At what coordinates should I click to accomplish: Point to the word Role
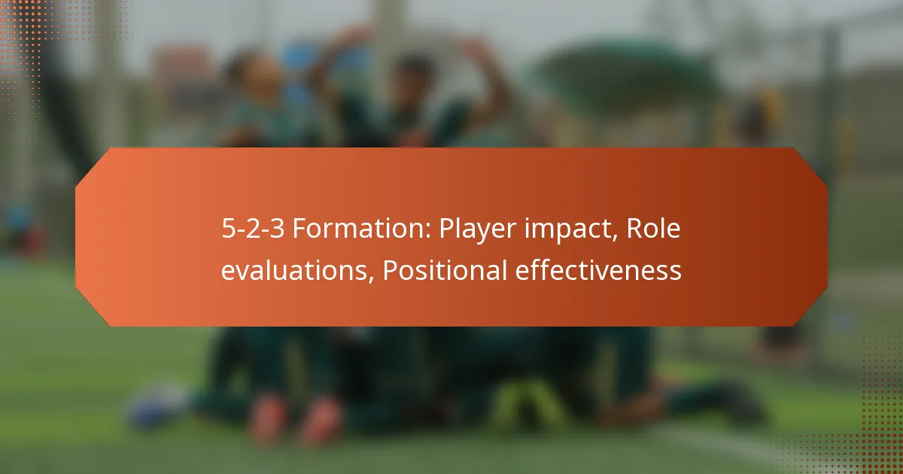tap(652, 230)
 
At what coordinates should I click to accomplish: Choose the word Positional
tap(444, 270)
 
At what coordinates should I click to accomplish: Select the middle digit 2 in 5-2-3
tap(253, 230)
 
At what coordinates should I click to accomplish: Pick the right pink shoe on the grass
tap(322, 421)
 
